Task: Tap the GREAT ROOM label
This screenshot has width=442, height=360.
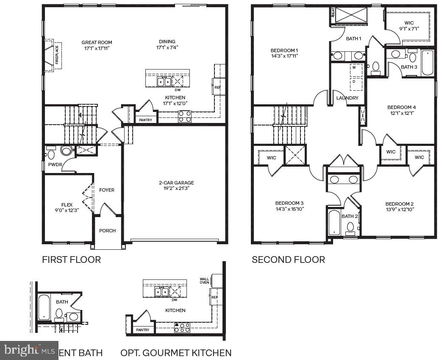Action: [97, 42]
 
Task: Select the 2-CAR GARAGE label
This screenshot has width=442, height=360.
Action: [176, 183]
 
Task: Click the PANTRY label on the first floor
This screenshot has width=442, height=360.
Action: [146, 120]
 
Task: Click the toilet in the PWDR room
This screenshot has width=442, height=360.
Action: [66, 151]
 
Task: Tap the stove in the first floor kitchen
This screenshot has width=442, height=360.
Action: [185, 116]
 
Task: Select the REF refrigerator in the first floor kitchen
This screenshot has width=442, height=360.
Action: [217, 87]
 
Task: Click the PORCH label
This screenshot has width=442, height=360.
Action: [107, 231]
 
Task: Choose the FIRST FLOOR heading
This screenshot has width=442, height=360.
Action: [71, 260]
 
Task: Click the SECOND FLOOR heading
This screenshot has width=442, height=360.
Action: [288, 260]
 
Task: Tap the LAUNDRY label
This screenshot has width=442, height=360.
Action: [347, 98]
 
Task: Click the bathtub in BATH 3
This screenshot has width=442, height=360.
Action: [428, 63]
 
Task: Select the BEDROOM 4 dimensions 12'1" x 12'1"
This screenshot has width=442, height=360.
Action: [401, 113]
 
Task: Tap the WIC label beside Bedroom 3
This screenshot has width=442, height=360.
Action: [271, 158]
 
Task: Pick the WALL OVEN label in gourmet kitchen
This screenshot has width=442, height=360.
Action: [204, 281]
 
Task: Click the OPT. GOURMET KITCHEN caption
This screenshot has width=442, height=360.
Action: [176, 353]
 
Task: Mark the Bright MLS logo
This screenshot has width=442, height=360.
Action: [29, 350]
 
